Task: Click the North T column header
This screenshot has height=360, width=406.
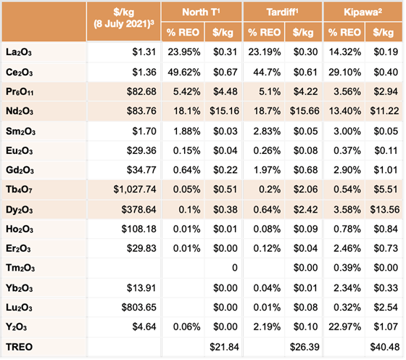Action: pos(201,12)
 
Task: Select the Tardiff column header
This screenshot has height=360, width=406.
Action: pos(282,12)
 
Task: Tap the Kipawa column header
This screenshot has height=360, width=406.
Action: pos(362,12)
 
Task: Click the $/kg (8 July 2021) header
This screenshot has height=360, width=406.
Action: pos(123,18)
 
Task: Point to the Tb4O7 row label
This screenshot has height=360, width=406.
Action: pos(19,189)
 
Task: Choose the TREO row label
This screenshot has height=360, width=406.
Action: pos(19,347)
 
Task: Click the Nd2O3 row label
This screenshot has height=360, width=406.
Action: pos(20,111)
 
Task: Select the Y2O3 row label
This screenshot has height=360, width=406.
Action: pos(16,327)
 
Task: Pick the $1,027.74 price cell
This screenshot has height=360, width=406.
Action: pos(135,189)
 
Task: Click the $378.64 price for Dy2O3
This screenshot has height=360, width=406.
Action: pos(138,210)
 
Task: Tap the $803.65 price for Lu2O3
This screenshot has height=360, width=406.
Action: pos(138,308)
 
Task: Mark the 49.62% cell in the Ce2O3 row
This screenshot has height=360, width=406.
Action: pos(184,72)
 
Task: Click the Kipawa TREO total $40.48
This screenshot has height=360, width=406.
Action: pos(385,347)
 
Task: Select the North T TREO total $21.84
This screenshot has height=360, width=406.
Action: pos(224,347)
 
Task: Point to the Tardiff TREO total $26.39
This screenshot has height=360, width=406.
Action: pos(304,347)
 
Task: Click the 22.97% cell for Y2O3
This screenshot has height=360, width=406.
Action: pos(344,327)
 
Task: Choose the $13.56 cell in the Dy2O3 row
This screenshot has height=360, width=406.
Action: pos(385,210)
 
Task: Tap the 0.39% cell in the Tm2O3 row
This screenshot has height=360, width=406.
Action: pos(347,268)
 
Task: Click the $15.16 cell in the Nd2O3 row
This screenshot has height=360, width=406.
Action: pos(224,111)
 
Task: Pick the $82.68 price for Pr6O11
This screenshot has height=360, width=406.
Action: pos(141,91)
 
